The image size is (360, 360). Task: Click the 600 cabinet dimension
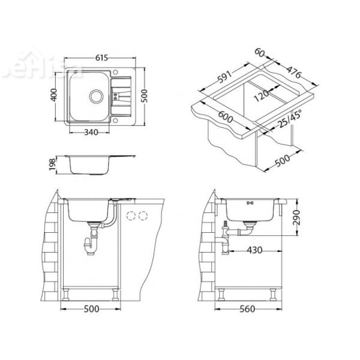point(227,118)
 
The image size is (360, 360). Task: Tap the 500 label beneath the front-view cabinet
point(91,310)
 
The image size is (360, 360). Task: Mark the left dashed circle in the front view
point(131,216)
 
